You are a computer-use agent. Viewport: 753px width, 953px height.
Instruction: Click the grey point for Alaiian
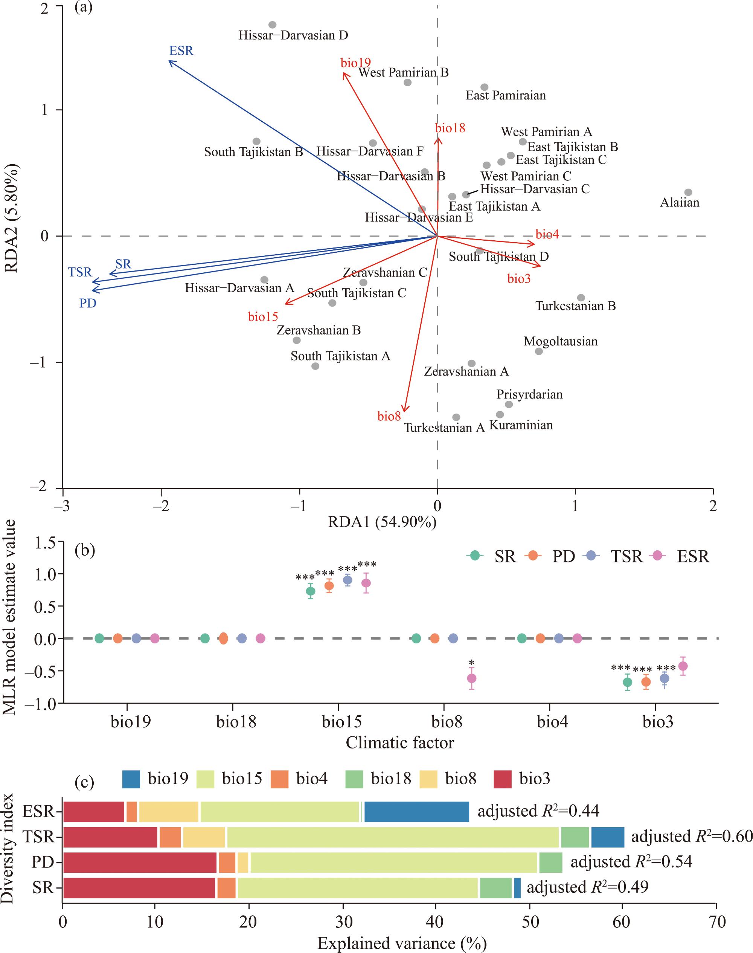(688, 192)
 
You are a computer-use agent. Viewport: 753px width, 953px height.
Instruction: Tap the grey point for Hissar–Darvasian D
(273, 25)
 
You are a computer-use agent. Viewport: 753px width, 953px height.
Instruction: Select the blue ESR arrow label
(181, 51)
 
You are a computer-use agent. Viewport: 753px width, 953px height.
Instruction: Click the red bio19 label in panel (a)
(355, 63)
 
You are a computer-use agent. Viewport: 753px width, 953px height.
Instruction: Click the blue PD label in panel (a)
(88, 303)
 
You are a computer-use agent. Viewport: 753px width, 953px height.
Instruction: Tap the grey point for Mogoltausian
(539, 351)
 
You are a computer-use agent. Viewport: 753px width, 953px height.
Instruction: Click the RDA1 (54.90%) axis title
(382, 522)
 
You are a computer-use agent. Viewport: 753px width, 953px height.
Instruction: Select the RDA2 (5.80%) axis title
(11, 219)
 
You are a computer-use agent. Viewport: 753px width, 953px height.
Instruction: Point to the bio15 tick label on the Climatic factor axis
(341, 722)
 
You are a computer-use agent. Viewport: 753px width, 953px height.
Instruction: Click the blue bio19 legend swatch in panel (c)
(131, 779)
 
